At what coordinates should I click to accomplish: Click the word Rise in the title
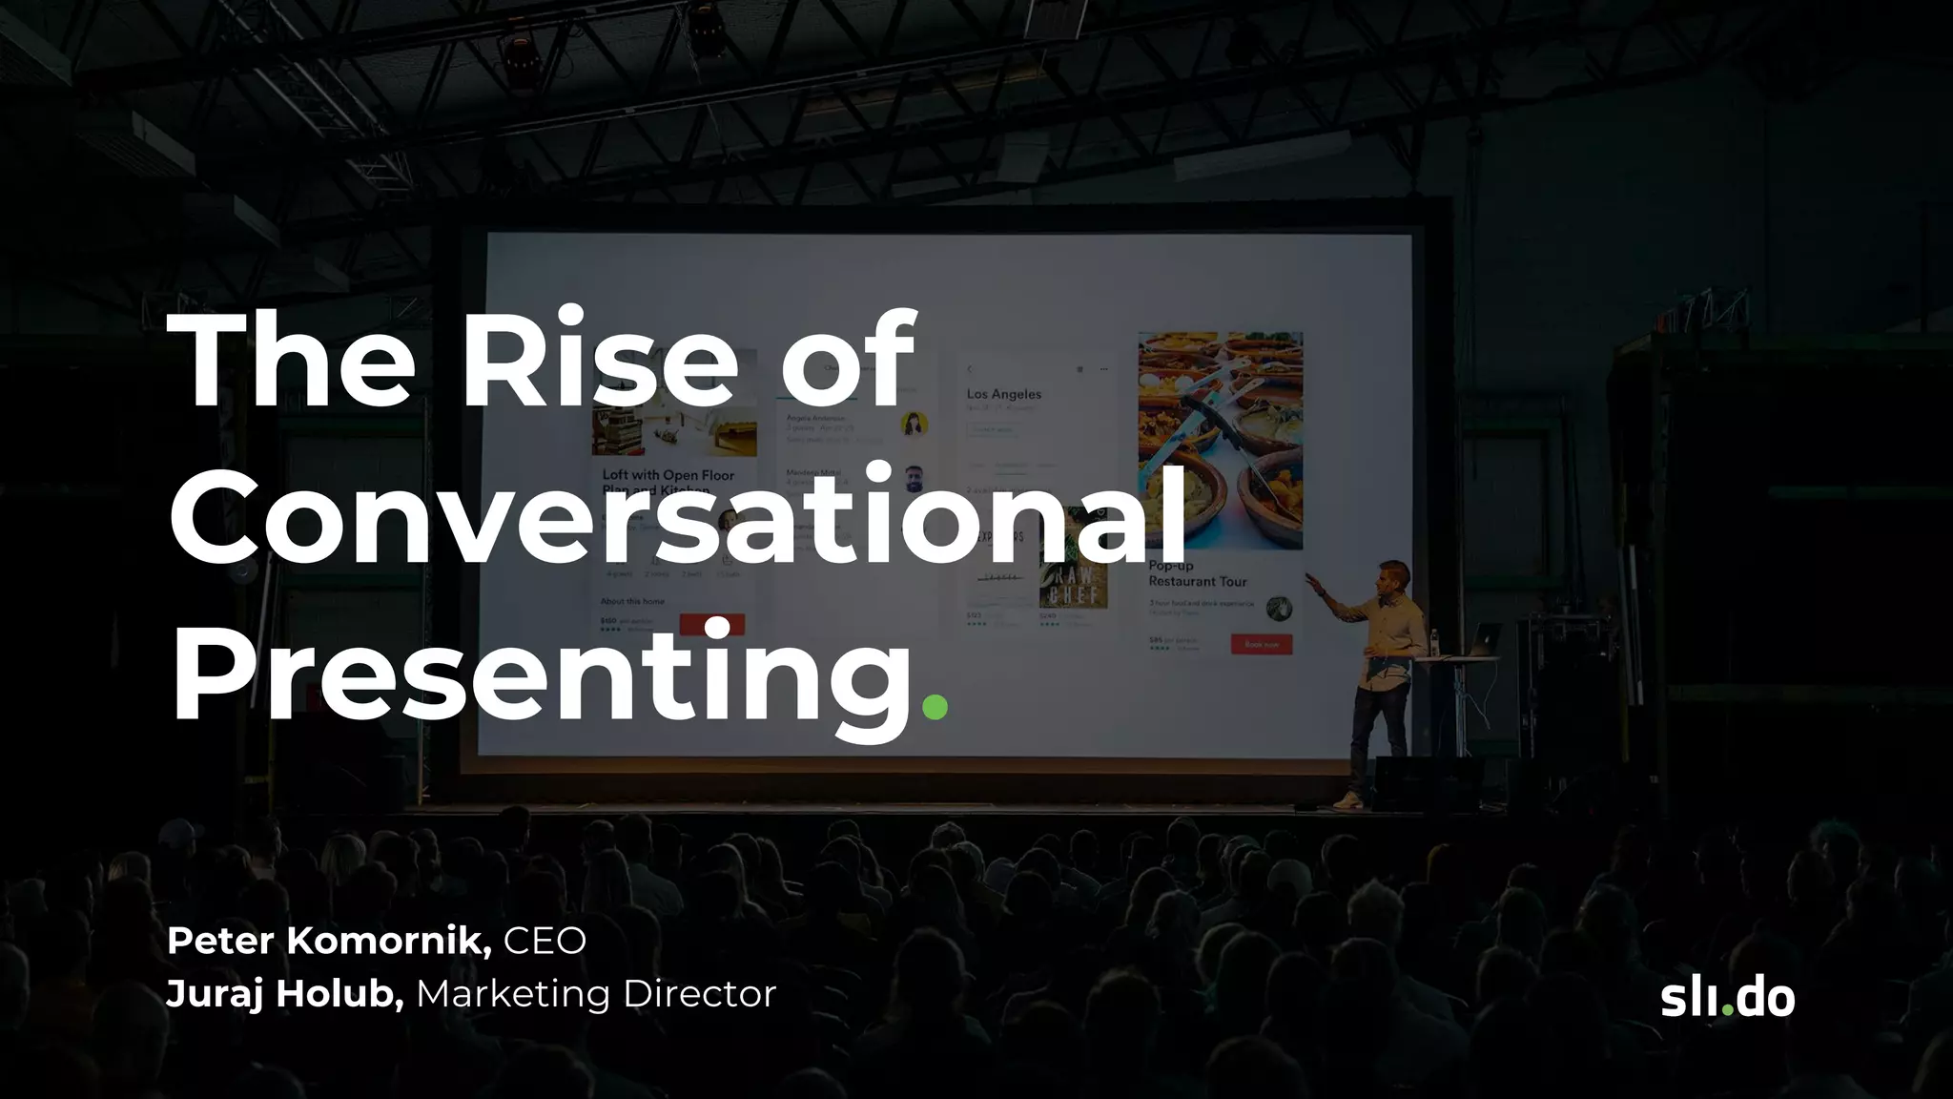599,361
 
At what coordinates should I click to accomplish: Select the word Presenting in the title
542,673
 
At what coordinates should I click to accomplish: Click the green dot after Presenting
935,707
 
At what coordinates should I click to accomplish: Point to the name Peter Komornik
329,941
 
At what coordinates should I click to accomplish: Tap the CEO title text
545,941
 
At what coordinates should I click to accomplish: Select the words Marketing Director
596,994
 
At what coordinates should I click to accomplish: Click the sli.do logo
1727,998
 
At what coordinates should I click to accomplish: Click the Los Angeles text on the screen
1003,394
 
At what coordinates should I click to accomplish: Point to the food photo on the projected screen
1220,439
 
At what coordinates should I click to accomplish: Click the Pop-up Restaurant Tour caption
1197,573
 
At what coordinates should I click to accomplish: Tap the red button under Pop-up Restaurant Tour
1261,644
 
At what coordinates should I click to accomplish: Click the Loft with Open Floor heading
668,475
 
